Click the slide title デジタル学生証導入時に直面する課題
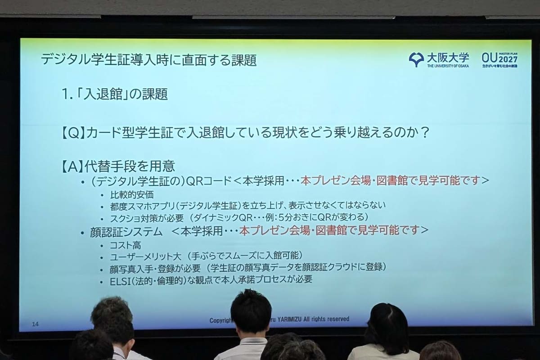click(x=148, y=60)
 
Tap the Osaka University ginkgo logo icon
click(x=416, y=59)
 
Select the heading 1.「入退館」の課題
click(x=115, y=94)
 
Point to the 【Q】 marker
click(x=72, y=134)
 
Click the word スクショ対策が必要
click(x=147, y=218)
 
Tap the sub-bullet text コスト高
click(x=126, y=245)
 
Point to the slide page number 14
click(x=36, y=324)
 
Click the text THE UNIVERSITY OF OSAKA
click(x=448, y=66)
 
